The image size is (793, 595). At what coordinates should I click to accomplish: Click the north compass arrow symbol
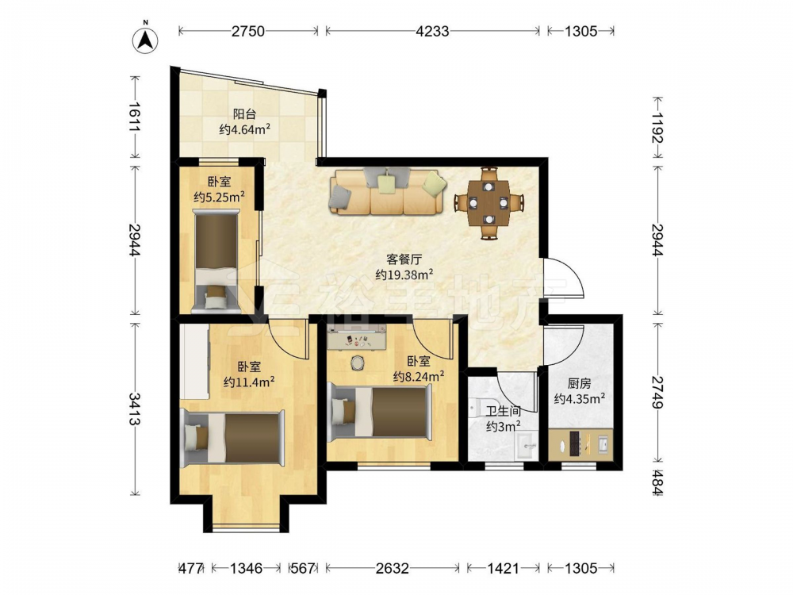coord(145,39)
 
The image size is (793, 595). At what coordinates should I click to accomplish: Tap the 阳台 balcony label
coord(244,114)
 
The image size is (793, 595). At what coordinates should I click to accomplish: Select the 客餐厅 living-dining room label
coord(404,259)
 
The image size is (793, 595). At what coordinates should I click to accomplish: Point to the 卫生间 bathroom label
coord(504,412)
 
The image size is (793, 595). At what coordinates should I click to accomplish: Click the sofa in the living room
coord(388,191)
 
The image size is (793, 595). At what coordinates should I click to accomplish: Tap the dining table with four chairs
coord(488,203)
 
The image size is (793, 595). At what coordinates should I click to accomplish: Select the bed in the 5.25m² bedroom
coord(216,261)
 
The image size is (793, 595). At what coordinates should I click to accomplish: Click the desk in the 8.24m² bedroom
coord(357,337)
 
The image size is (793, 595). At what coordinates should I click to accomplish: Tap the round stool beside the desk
coord(358,363)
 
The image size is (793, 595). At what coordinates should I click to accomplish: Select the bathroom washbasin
coord(526,446)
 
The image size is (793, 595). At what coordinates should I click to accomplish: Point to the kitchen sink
coord(603,445)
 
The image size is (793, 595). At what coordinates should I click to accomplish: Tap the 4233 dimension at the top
coord(432,32)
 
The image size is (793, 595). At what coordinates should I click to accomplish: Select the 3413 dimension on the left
coord(134,409)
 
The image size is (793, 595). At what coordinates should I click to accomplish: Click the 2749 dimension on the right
coord(657,392)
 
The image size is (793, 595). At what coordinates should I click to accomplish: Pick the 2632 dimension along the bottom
coord(392,569)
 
